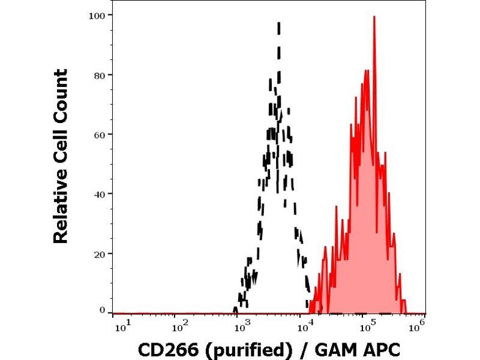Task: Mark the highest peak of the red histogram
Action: coord(374,17)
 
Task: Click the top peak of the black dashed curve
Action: coord(279,23)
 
